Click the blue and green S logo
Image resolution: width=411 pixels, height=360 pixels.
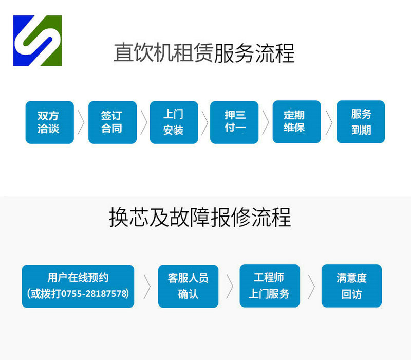[x=38, y=41]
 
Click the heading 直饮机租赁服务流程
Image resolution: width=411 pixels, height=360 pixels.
[x=204, y=53]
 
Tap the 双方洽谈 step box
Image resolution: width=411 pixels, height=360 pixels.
[x=49, y=122]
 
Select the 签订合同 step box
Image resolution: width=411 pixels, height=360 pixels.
[x=113, y=122]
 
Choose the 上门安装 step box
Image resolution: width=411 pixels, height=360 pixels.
[x=174, y=122]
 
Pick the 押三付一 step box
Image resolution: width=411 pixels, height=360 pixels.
[x=234, y=122]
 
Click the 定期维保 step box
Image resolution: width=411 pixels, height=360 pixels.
[x=297, y=122]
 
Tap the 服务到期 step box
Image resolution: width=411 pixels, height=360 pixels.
[x=361, y=122]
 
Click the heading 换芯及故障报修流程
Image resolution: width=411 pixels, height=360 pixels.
[x=200, y=217]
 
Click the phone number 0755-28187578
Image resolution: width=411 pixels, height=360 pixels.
[x=95, y=294]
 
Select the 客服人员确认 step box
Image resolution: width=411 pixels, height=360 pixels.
[x=188, y=286]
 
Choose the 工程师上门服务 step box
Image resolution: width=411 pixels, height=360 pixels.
[x=270, y=286]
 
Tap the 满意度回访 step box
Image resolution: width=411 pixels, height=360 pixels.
[x=351, y=286]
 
